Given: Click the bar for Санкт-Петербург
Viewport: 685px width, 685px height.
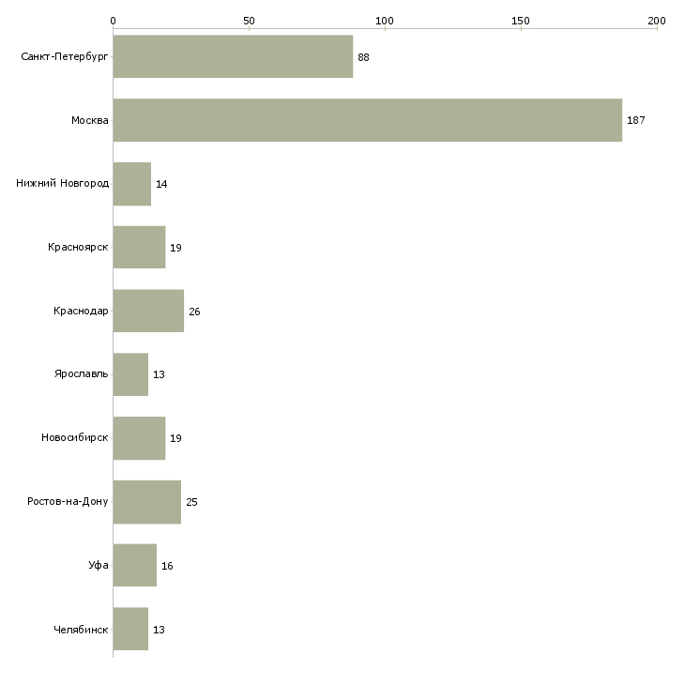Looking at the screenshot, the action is click(233, 56).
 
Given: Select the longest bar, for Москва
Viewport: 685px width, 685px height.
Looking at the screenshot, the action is click(368, 120).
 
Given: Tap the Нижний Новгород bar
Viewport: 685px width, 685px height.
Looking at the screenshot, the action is click(132, 184).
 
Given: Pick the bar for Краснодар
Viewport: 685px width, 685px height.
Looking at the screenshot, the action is click(148, 311).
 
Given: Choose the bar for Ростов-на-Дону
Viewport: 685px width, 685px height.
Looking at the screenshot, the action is click(146, 502).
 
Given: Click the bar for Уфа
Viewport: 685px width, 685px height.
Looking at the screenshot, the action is click(134, 565).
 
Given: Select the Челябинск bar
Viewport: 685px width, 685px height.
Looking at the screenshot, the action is click(130, 629).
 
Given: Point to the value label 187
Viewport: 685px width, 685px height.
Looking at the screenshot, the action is click(635, 120).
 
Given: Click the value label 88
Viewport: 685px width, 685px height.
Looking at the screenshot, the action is click(363, 57).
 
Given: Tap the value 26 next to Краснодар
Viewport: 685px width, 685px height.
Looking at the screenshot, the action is click(194, 312).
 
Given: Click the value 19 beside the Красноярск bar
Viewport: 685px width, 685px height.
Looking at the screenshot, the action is click(175, 248).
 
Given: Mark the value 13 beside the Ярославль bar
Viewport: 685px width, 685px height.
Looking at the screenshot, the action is click(159, 374).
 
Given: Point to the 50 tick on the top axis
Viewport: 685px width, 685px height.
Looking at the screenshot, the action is click(249, 21).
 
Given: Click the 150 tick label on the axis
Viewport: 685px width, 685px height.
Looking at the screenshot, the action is click(520, 21).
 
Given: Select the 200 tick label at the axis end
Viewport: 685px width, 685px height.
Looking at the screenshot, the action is click(657, 21).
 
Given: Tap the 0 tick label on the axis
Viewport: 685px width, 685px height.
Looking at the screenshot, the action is click(114, 21).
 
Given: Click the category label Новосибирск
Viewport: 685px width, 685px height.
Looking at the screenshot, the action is click(75, 437).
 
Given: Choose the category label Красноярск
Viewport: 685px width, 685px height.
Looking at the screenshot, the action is click(78, 248).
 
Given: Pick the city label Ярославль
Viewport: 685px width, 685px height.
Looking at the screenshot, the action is click(82, 374).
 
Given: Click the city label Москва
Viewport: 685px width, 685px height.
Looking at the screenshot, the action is click(90, 120).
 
